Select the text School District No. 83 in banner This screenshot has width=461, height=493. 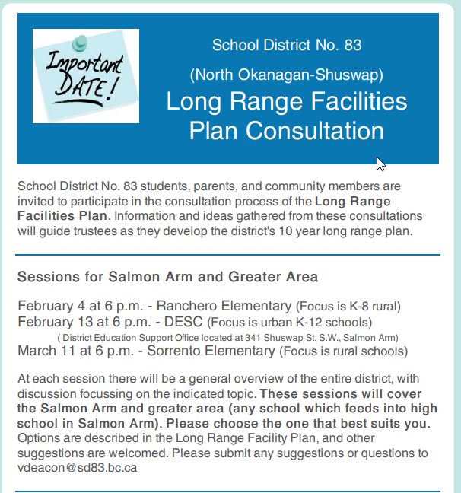(287, 45)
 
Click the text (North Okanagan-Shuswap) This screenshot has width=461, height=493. (287, 75)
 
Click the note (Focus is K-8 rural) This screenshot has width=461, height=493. (348, 307)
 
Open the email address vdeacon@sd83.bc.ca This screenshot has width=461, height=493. (77, 467)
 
